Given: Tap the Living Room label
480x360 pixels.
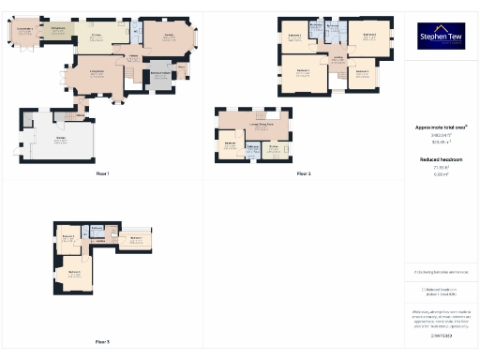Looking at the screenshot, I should coord(97,72).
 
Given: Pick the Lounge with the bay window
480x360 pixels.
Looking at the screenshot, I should coord(170,37).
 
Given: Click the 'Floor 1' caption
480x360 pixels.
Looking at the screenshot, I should coord(102,174).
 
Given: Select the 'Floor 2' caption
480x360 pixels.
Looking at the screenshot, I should coord(304,174).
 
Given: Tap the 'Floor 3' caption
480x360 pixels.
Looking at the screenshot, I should coord(102,341).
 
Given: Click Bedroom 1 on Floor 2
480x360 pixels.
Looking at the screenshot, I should coord(303,73).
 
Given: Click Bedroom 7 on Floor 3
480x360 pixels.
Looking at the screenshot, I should coord(137,239).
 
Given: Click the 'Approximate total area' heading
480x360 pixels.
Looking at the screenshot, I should coord(440,127).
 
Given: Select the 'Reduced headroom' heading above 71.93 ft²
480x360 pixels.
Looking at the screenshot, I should coord(440,159).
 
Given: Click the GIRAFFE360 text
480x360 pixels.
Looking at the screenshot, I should coord(440,335).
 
